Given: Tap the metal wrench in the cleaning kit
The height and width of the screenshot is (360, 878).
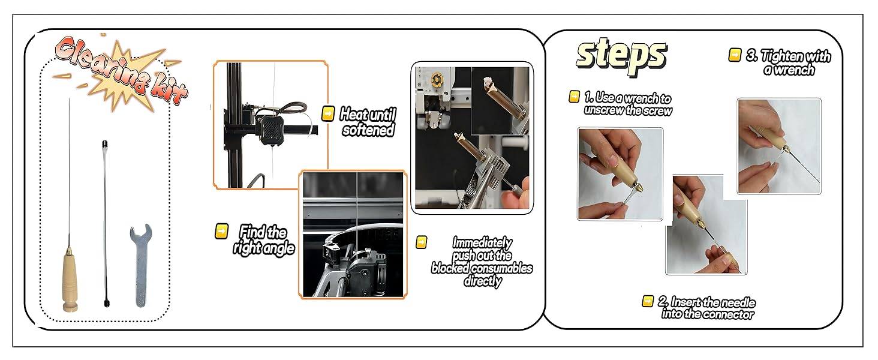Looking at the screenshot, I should click(140, 265).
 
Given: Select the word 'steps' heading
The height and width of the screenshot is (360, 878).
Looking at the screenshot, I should click(621, 55).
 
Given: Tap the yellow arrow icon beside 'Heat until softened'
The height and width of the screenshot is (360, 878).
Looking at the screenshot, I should click(328, 113).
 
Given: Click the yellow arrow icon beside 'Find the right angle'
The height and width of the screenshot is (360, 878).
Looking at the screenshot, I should click(221, 231).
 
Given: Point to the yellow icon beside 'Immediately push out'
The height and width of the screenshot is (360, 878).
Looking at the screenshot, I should click(422, 242).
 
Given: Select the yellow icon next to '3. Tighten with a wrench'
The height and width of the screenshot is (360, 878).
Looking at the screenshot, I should click(735, 55).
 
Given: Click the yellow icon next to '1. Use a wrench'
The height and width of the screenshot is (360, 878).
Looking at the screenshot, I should click(574, 97).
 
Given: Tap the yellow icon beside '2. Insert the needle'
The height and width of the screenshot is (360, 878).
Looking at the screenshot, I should click(648, 301).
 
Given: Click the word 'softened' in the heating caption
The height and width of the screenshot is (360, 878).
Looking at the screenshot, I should click(368, 130).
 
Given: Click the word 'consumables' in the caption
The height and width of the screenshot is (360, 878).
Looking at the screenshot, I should click(501, 268).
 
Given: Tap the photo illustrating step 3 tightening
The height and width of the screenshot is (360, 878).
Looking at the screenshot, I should click(778, 146).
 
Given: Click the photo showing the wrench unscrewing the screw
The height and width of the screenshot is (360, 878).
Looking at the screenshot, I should click(620, 173).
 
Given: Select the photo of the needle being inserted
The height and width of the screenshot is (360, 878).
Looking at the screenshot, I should click(706, 225).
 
